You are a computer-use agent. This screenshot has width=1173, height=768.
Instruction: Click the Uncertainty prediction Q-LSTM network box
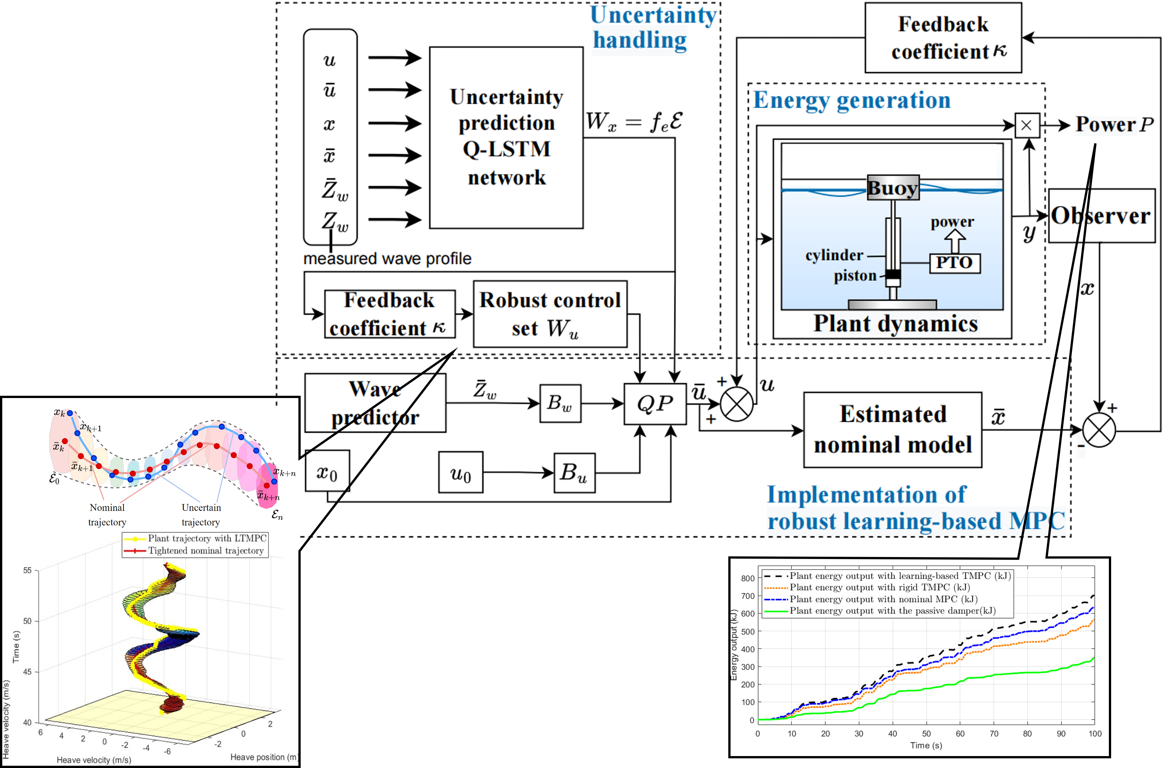pos(506,138)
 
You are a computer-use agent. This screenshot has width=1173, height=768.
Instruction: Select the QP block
pos(655,404)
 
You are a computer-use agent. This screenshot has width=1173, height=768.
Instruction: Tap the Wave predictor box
pos(375,403)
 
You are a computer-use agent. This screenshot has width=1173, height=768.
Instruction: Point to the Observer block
pos(1101,215)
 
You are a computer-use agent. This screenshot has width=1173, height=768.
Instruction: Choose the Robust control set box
pos(550,314)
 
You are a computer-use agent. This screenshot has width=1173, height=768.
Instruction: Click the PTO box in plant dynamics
pos(955,263)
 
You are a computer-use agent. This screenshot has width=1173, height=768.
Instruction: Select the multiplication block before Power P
pos(1027,125)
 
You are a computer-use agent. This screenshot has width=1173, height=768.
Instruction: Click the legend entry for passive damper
pos(892,611)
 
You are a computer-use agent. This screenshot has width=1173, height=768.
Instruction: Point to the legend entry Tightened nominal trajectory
pos(206,551)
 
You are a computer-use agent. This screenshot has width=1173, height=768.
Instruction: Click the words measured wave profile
pos(387,258)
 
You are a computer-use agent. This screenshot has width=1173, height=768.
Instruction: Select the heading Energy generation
pos(852,100)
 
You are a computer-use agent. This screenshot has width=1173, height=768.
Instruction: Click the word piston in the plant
pos(855,275)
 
